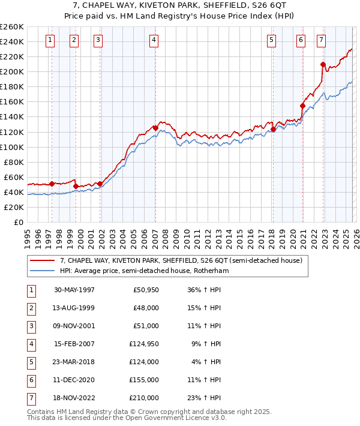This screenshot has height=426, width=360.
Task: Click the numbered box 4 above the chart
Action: [154, 40]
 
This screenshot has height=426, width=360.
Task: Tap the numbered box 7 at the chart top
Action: [322, 40]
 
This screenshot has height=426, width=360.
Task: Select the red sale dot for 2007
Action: [155, 128]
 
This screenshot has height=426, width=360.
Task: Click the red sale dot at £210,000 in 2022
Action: [323, 64]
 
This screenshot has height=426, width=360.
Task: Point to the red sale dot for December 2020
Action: [302, 106]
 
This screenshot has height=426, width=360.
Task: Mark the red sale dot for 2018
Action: [273, 129]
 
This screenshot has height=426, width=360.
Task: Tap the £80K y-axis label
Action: [14, 162]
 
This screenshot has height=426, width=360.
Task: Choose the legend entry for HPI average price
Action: [144, 271]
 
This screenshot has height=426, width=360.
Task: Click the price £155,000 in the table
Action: [146, 380]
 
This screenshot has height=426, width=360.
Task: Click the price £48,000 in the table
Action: [146, 308]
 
